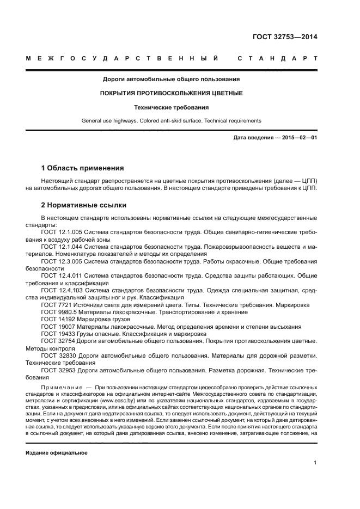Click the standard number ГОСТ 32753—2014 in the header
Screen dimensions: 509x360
(285, 37)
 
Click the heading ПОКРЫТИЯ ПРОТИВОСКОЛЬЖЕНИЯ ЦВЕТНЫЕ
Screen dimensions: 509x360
(171, 93)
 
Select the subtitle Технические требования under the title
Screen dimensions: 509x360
(171, 107)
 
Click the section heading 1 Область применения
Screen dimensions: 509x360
(82, 168)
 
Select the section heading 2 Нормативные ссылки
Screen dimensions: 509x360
(84, 205)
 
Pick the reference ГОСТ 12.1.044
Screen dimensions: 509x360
(60, 247)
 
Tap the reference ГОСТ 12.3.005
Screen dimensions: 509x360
(60, 261)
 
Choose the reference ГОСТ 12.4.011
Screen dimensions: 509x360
(60, 276)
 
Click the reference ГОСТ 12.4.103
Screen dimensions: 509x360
(60, 291)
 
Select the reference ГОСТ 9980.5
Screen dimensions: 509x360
(57, 312)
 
